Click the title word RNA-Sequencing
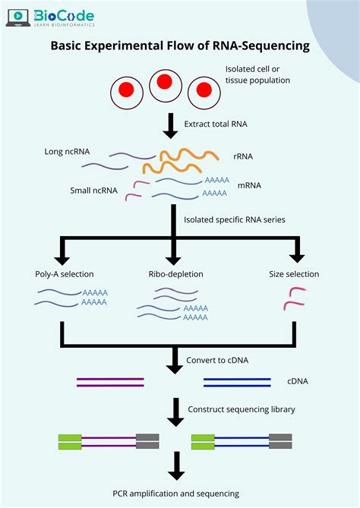click(x=266, y=46)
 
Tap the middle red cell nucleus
click(x=166, y=85)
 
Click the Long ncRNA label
click(x=67, y=151)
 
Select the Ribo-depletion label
click(x=175, y=274)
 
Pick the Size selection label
click(x=294, y=274)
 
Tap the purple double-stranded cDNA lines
click(x=110, y=382)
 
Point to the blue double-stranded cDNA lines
click(x=238, y=382)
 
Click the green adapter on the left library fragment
click(x=70, y=442)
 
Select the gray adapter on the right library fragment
click(x=281, y=442)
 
